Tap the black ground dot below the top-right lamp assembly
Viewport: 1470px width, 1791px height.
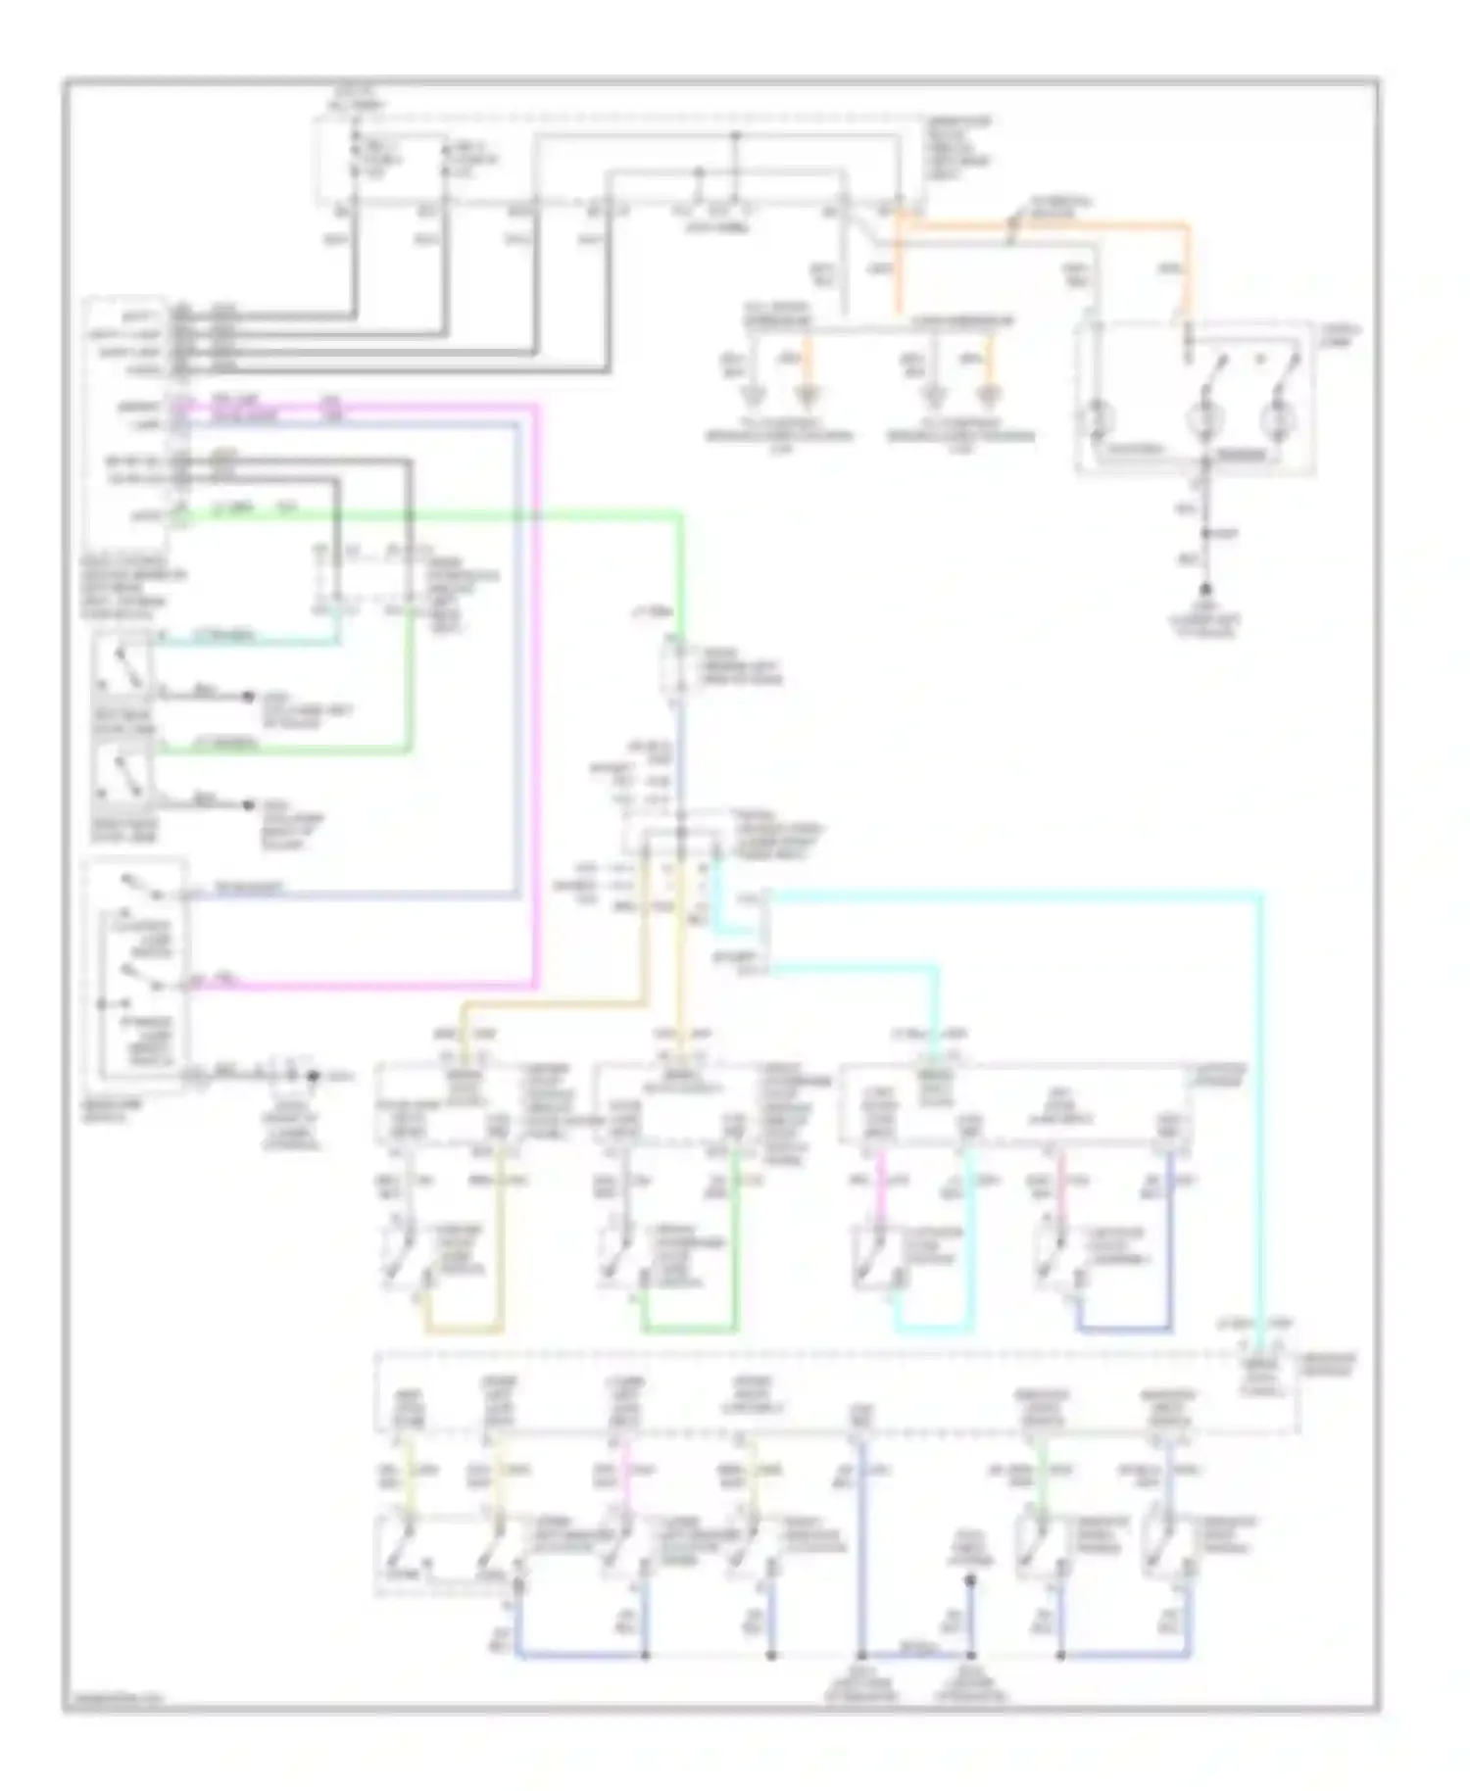click(1205, 590)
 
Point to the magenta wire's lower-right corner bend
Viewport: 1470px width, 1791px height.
click(535, 984)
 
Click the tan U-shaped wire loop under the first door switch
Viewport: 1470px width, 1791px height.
click(465, 1330)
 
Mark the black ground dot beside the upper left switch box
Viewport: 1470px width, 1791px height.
click(246, 697)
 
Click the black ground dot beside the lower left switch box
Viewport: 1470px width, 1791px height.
click(246, 805)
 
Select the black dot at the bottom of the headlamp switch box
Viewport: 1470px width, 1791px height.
click(314, 1077)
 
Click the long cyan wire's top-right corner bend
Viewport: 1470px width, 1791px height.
click(1260, 894)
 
